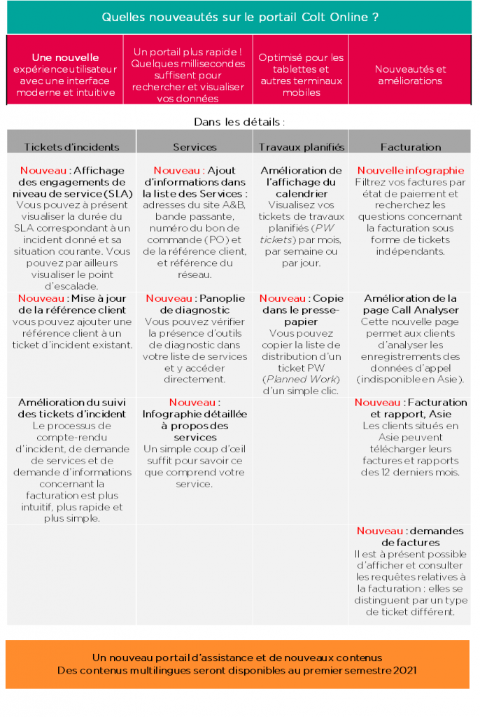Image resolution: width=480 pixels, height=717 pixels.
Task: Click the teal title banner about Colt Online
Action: (240, 17)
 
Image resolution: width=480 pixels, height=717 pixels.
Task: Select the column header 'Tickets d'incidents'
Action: (71, 147)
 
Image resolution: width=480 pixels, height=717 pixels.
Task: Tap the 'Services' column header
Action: (195, 147)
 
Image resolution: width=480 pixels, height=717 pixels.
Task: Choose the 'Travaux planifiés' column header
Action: (301, 147)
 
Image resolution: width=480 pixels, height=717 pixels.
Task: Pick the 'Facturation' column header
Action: (411, 147)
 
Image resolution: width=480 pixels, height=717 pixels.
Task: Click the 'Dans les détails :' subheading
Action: (239, 122)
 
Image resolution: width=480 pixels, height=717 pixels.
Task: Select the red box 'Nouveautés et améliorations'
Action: (410, 75)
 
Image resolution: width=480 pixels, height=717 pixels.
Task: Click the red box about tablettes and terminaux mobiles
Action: (301, 75)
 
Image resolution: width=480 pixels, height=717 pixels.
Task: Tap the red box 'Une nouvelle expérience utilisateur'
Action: (65, 75)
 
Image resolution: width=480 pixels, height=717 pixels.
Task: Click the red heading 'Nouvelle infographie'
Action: (411, 170)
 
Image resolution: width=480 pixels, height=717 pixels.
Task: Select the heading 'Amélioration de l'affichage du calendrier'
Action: (301, 181)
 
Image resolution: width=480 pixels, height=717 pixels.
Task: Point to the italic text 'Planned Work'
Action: (301, 379)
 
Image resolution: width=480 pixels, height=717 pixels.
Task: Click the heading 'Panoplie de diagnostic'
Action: (195, 304)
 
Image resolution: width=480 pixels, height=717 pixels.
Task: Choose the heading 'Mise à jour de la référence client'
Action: (71, 304)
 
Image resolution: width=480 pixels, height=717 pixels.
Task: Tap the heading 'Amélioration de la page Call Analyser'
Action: (411, 304)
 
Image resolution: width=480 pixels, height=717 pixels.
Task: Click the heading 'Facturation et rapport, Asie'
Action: (411, 408)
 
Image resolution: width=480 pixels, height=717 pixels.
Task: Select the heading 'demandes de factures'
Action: (411, 536)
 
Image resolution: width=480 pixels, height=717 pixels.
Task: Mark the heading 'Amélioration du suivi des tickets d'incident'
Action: (71, 408)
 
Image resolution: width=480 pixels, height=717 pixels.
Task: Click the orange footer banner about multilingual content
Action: (237, 664)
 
